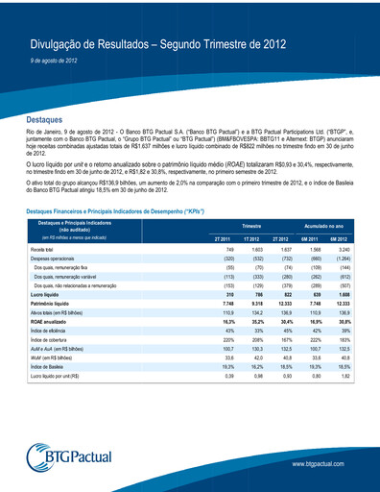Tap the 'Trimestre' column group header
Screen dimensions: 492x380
coord(252,222)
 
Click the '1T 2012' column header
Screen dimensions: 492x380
coord(252,237)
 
